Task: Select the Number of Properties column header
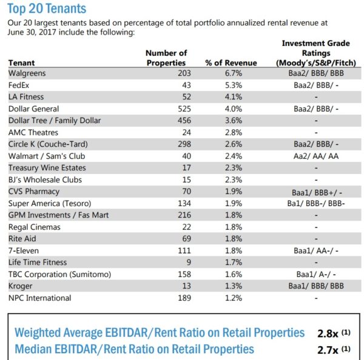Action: [166, 58]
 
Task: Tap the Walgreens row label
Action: [28, 73]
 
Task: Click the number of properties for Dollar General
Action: [166, 108]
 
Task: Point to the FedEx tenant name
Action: [19, 85]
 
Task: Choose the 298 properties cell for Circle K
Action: [166, 144]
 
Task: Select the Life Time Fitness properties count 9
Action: [166, 262]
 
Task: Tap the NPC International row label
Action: [40, 298]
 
